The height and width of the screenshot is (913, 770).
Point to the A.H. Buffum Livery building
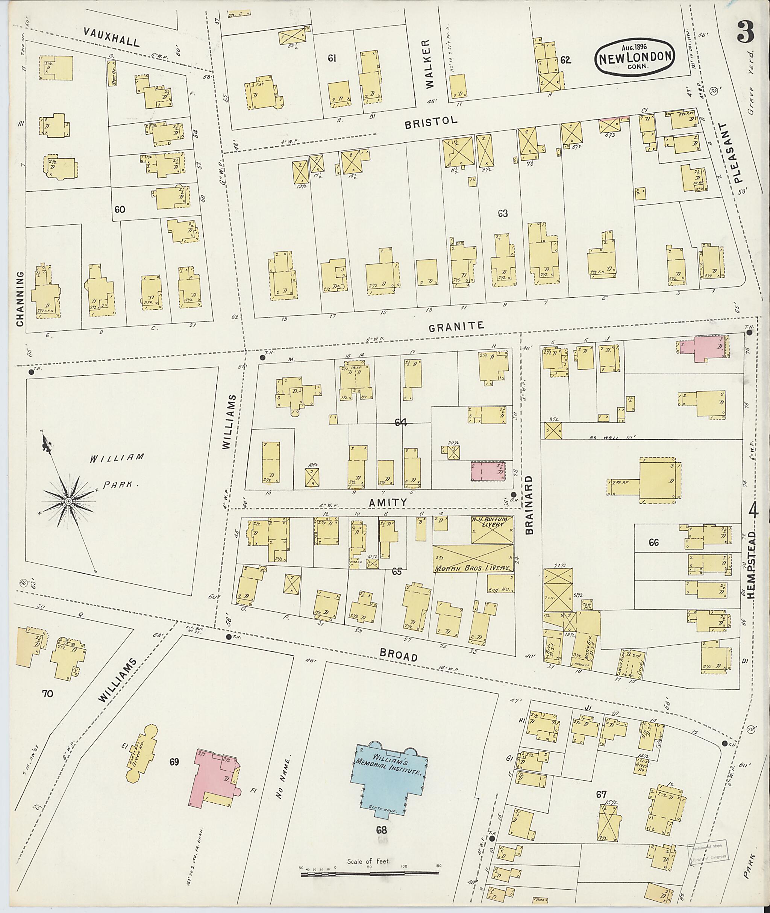(491, 529)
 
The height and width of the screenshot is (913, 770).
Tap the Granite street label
(456, 326)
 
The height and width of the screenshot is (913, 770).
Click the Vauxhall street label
(112, 38)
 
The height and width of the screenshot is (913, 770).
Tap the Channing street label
(20, 298)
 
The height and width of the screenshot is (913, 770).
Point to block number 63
(503, 213)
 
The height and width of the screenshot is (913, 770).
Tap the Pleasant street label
(738, 152)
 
